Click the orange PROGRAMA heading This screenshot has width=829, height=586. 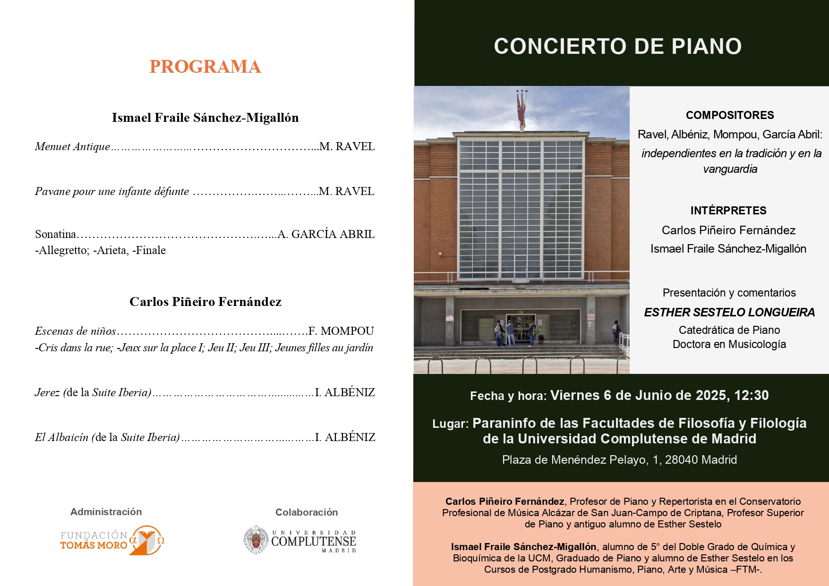click(x=205, y=67)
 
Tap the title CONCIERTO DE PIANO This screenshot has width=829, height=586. click(x=617, y=46)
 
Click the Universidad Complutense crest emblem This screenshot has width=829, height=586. click(x=256, y=540)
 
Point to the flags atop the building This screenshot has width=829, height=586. click(x=522, y=106)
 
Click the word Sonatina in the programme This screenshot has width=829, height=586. click(x=55, y=234)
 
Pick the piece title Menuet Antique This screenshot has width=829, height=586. click(x=72, y=146)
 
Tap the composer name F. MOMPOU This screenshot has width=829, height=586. click(x=341, y=331)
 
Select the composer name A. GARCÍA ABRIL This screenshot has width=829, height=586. click(x=326, y=234)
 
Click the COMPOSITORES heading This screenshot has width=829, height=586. click(x=730, y=115)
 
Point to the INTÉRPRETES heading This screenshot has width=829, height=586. click(x=728, y=211)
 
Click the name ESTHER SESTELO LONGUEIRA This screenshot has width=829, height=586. click(x=729, y=312)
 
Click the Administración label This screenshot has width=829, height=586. click(x=106, y=512)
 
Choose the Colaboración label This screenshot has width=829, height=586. click(x=307, y=512)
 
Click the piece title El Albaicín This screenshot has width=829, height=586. click(x=61, y=437)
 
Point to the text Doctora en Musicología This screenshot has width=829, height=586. click(x=729, y=344)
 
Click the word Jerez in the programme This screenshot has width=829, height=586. click(x=47, y=392)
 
